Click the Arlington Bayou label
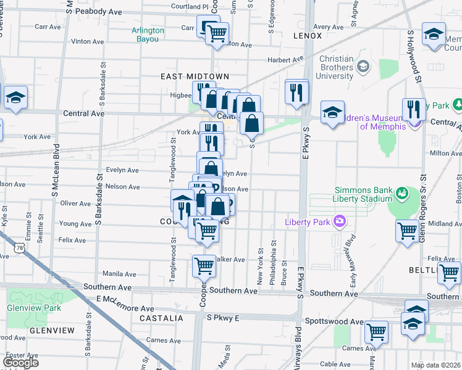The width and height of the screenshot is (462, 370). pos(148,35)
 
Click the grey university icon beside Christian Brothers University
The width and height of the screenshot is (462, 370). pos(364,65)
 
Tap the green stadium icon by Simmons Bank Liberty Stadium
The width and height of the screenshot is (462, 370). pos(403,194)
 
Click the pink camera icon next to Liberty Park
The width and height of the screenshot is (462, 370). pos(339,221)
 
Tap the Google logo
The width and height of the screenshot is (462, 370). pos(20,363)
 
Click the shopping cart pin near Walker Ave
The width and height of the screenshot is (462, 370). pos(204,266)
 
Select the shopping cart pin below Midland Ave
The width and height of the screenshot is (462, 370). pos(407,231)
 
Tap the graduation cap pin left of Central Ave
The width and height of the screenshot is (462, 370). pos(15,97)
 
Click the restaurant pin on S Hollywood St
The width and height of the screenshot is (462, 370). pos(414,109)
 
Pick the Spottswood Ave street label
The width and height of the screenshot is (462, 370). pos(340,322)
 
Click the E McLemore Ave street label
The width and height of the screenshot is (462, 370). pos(125,308)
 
